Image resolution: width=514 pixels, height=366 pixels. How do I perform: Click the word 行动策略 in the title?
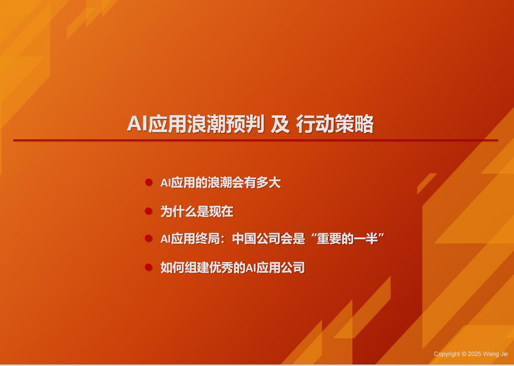(x=335, y=124)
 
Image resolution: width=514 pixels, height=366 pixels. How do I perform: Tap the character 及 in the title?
(x=280, y=124)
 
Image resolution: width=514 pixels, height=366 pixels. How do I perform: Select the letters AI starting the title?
(x=137, y=124)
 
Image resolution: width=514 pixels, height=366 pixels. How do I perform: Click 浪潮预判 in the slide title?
(x=226, y=124)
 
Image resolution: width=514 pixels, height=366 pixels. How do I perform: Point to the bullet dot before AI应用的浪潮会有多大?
(x=149, y=183)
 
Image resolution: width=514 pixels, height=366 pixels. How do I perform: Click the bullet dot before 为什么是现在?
(x=149, y=211)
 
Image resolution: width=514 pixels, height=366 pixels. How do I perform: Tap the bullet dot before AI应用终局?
(x=149, y=239)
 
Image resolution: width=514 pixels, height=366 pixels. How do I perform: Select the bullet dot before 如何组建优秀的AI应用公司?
(x=149, y=268)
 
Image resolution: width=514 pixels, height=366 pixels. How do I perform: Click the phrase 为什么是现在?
(x=197, y=211)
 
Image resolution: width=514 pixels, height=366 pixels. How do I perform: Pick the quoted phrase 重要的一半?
(x=347, y=239)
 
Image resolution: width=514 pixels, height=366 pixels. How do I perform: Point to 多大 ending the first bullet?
(x=268, y=183)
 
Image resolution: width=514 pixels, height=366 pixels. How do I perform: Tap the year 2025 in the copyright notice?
(x=475, y=354)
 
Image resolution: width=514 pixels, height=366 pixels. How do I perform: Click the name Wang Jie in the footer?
(x=495, y=354)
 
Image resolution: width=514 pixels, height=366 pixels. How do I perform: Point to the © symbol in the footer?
(x=464, y=354)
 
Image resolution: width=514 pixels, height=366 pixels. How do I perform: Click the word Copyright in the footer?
(x=447, y=354)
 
